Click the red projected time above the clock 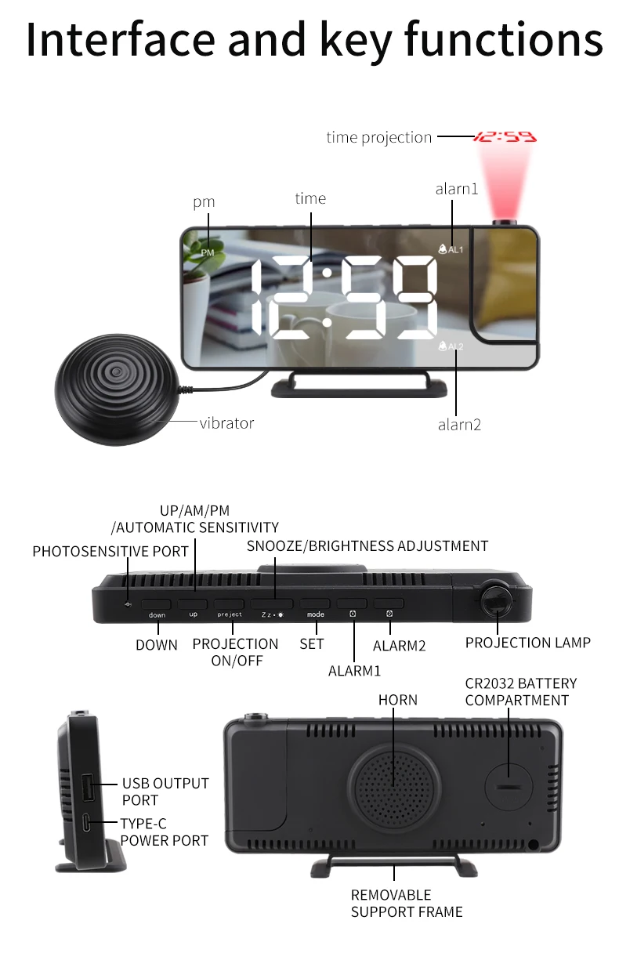(505, 137)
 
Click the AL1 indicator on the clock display (451, 249)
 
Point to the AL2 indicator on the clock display (451, 346)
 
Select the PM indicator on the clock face (207, 252)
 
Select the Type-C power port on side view (86, 824)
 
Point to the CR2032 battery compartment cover (509, 783)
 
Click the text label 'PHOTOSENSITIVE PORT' (110, 552)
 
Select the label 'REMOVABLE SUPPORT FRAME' (407, 903)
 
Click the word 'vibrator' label (226, 423)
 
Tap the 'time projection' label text (379, 137)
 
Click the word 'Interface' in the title (118, 41)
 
